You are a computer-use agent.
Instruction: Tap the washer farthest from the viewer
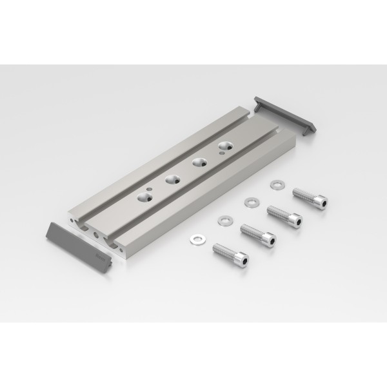[277, 183]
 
